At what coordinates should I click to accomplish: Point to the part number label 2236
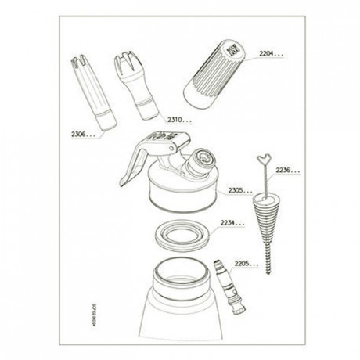(x=287, y=169)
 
